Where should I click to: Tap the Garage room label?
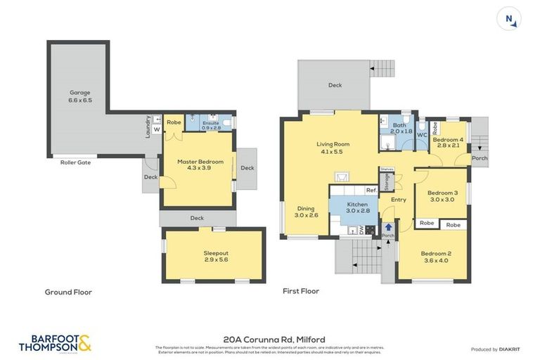(79, 96)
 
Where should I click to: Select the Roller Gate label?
(75, 162)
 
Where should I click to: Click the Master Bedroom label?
(200, 165)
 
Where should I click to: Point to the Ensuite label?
(211, 124)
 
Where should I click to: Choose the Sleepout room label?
(216, 256)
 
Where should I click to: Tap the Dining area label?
(306, 212)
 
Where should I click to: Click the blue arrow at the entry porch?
(387, 226)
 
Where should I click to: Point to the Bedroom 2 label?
(435, 257)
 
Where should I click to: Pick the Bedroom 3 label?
(443, 195)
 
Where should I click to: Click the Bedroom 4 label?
(447, 142)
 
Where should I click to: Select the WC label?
(422, 135)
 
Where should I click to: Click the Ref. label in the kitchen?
(371, 191)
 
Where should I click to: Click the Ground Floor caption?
(68, 292)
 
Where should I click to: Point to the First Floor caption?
(301, 290)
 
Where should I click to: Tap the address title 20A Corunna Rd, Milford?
(274, 339)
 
